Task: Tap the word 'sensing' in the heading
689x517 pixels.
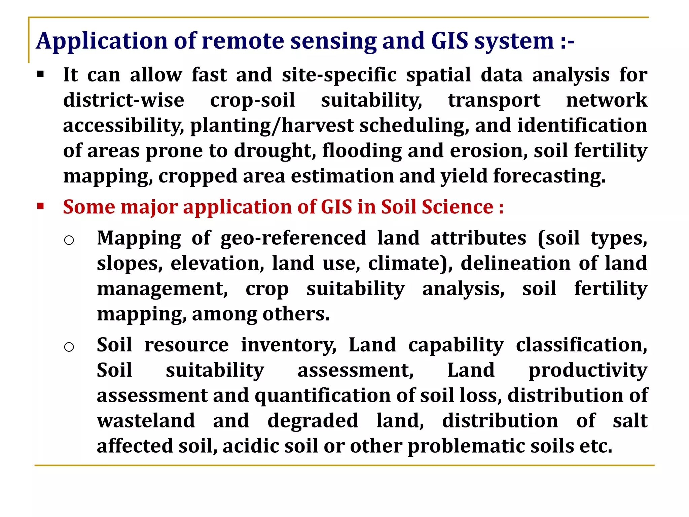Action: point(333,41)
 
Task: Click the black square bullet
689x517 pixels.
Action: point(41,74)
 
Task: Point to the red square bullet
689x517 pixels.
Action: point(41,206)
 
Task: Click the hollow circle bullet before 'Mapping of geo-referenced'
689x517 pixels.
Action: point(69,240)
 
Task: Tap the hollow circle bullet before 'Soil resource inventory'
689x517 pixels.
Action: point(69,347)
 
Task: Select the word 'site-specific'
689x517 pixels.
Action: point(339,75)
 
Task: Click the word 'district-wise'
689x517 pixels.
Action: point(124,100)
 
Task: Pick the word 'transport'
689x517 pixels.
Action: point(494,100)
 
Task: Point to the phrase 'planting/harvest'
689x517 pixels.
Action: point(272,125)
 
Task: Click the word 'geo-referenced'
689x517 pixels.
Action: point(293,238)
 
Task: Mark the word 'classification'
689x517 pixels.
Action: point(581,345)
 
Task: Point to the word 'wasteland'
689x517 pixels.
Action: point(146,421)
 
